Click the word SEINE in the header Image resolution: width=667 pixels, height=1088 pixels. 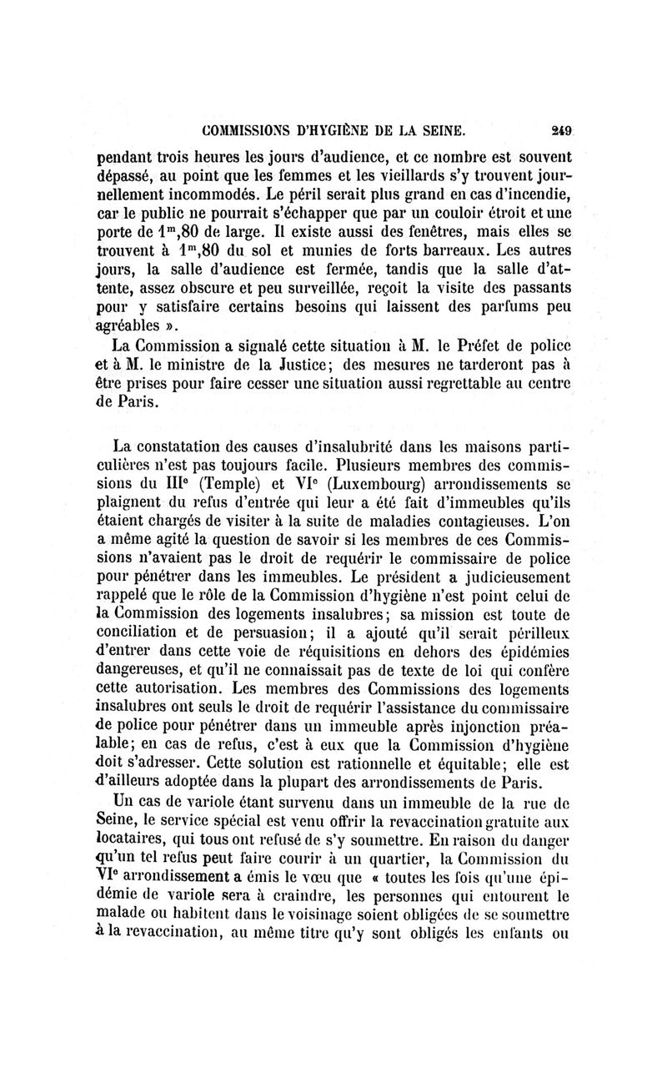(x=439, y=131)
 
